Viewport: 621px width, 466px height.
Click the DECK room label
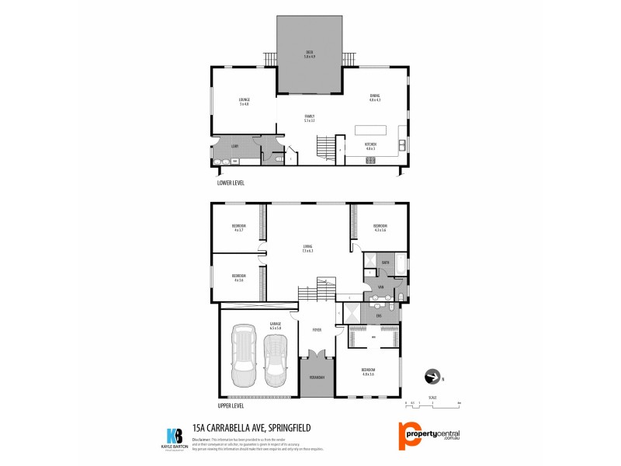click(x=309, y=54)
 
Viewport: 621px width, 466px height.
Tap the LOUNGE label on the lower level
click(x=244, y=101)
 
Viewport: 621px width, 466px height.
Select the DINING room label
click(x=375, y=96)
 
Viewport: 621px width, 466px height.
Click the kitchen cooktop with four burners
click(x=370, y=160)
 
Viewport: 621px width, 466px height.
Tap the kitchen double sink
click(x=401, y=145)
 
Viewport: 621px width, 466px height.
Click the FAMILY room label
click(x=309, y=118)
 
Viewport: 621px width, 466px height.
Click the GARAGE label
click(x=275, y=325)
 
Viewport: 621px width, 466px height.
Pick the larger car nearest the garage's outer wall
click(x=244, y=356)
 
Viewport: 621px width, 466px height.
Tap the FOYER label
click(x=317, y=329)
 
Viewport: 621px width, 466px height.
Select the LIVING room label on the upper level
click(x=307, y=249)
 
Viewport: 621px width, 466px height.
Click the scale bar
click(x=433, y=404)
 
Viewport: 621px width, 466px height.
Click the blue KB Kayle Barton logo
click(x=174, y=435)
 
